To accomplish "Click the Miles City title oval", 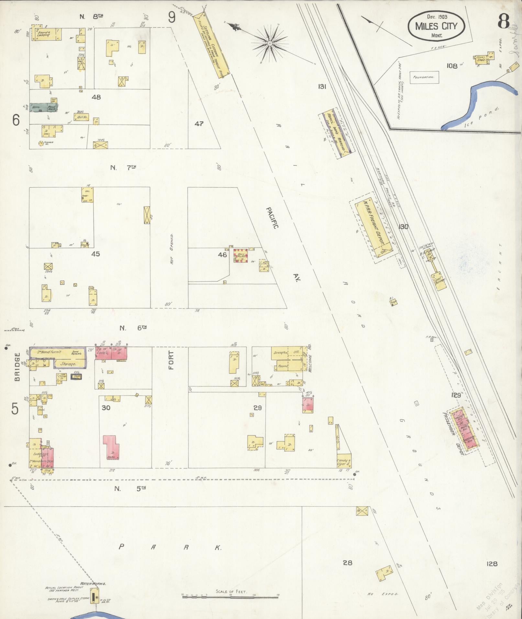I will (436, 26).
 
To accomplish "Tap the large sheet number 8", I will (504, 21).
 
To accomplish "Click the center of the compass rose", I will (269, 43).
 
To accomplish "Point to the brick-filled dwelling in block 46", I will (241, 255).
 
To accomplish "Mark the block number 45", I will (95, 254).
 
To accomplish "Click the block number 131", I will (322, 86).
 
